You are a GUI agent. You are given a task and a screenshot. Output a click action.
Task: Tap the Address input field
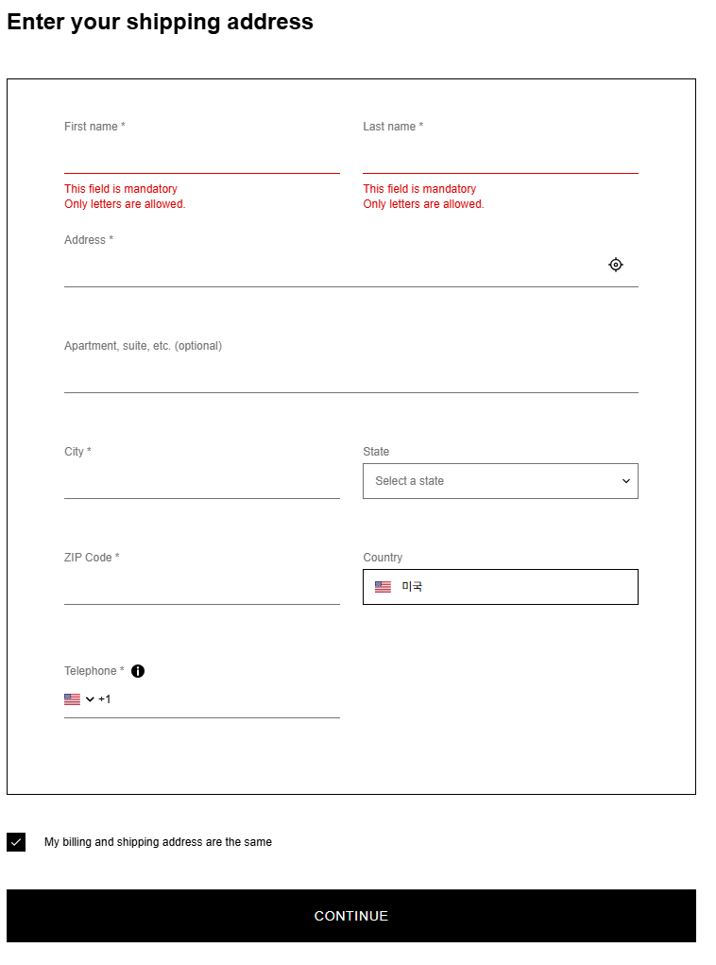[331, 270]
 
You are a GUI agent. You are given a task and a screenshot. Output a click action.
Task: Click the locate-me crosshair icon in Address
[616, 265]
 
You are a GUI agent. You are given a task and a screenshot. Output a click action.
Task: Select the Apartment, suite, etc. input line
[350, 377]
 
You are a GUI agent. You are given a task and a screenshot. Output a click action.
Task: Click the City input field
[201, 483]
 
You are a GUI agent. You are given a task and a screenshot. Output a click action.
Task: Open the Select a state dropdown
[500, 481]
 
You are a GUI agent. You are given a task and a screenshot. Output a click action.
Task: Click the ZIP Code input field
[201, 589]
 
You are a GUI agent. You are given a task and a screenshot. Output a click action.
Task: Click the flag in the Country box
[383, 587]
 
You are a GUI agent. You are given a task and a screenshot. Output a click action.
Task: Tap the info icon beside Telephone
[138, 671]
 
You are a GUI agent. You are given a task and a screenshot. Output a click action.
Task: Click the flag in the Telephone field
[73, 699]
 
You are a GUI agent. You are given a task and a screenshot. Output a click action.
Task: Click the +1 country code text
[105, 699]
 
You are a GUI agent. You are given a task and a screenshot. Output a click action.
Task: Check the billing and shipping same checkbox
[16, 842]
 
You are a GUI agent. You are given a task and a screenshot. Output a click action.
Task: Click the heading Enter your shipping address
[160, 22]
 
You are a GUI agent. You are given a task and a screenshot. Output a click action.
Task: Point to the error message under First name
[125, 196]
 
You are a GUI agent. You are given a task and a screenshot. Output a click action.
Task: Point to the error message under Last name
[423, 196]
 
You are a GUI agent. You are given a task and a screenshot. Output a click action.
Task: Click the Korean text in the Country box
[412, 587]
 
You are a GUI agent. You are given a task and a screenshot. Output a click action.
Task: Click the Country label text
[383, 558]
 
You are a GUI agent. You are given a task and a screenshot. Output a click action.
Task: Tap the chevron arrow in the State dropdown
[625, 481]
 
